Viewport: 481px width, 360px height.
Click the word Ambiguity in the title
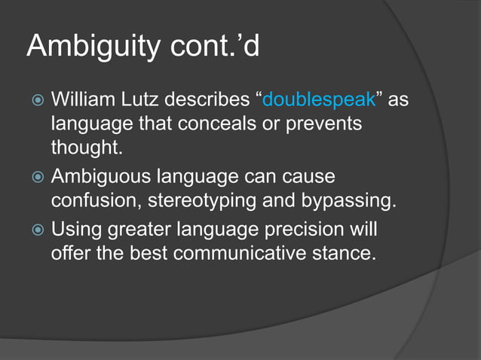[x=91, y=47]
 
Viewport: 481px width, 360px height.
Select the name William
[x=83, y=100]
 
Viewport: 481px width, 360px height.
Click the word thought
[x=86, y=148]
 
